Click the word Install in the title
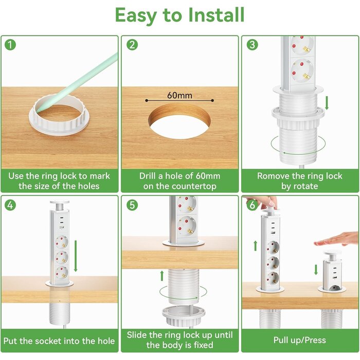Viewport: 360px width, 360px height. click(x=216, y=15)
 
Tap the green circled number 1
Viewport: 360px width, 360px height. click(x=10, y=45)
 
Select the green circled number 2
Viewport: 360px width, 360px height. click(x=132, y=45)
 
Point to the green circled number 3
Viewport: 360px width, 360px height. click(x=253, y=45)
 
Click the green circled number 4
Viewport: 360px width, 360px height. click(x=10, y=205)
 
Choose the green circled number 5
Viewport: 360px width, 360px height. click(x=132, y=205)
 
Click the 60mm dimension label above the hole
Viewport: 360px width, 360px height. click(x=179, y=95)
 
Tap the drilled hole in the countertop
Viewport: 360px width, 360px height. click(x=179, y=121)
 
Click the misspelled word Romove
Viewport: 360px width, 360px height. click(x=270, y=176)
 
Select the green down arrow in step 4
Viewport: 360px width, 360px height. click(x=76, y=256)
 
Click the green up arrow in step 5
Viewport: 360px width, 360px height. click(x=162, y=276)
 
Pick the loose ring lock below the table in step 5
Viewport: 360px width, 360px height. click(x=183, y=316)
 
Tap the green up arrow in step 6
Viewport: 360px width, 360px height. click(x=255, y=246)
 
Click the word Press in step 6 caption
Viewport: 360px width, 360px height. click(x=315, y=340)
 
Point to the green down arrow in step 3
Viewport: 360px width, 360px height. click(x=327, y=103)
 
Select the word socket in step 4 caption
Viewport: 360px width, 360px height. click(x=42, y=341)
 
